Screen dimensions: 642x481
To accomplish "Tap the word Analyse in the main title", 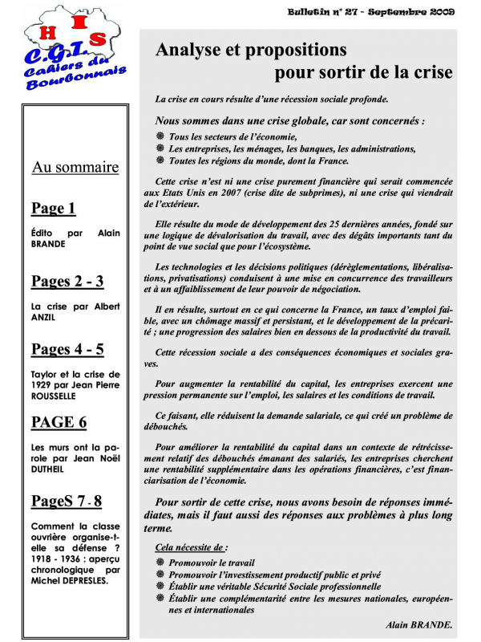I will click(192, 50).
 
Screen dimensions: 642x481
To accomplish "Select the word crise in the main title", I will click(430, 72).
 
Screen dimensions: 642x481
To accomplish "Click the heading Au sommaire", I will click(75, 167).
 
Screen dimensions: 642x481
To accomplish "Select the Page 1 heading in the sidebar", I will click(53, 209).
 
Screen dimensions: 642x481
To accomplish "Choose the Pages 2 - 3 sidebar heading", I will click(67, 281).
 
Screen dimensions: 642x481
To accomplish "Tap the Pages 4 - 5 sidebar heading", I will click(67, 349).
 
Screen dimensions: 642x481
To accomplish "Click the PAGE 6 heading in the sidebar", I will click(59, 421).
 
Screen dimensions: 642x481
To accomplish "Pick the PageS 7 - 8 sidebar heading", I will click(67, 501).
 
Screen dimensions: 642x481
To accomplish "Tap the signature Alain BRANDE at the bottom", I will click(419, 624).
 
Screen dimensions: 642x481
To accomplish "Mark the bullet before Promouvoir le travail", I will click(160, 563).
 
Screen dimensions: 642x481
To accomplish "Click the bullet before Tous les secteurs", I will click(160, 137).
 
